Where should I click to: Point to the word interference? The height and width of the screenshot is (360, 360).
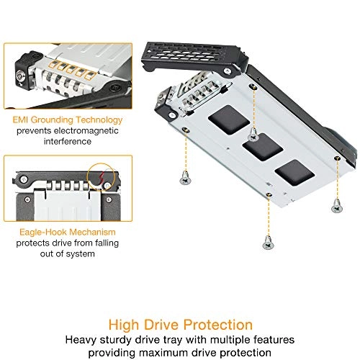pos(62,142)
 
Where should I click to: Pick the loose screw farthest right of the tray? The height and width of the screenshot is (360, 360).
pos(336,206)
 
